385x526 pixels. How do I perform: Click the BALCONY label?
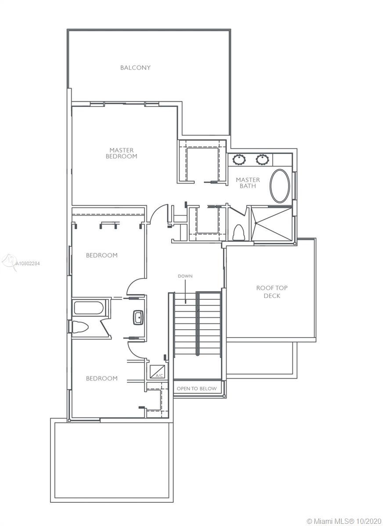[135, 68]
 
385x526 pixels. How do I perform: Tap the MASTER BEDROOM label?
[121, 153]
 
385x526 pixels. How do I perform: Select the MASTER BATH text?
[248, 183]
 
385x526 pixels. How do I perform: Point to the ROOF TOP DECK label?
[272, 291]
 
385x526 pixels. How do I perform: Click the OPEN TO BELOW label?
[197, 389]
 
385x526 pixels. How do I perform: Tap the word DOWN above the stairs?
[185, 276]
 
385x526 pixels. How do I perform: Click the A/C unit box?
[157, 372]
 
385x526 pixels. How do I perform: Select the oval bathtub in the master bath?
[280, 186]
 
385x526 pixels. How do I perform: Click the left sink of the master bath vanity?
[239, 160]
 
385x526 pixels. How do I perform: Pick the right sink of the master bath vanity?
[262, 160]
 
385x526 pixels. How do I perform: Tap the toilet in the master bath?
[238, 232]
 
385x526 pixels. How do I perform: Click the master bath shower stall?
[272, 224]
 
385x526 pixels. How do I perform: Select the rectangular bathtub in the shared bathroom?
[89, 308]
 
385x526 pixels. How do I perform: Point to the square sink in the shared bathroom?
[138, 317]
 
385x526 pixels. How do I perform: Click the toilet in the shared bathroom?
[79, 327]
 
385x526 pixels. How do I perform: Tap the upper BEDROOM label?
[101, 255]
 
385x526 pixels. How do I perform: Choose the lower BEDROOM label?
[101, 378]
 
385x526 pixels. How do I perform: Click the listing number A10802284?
[28, 263]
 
